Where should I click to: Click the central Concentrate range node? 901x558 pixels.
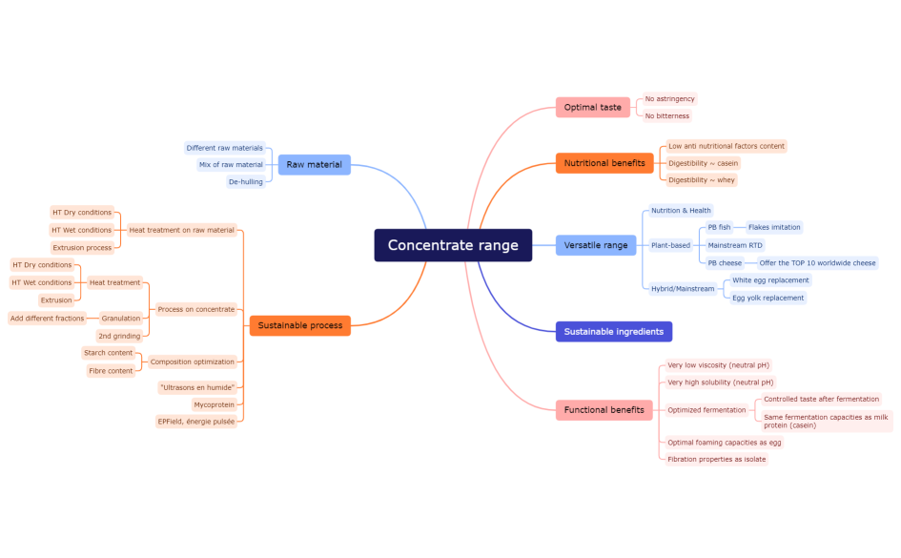tap(453, 245)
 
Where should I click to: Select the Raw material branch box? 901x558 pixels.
tap(314, 165)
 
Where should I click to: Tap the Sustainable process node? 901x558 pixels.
tap(299, 325)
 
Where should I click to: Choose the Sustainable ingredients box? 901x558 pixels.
tap(613, 332)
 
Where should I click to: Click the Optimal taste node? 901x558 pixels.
tap(592, 108)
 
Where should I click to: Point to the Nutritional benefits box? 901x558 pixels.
tap(604, 163)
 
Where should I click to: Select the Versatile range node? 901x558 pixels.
tap(596, 245)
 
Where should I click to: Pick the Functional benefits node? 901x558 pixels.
tap(604, 410)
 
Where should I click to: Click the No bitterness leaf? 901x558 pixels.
tap(666, 116)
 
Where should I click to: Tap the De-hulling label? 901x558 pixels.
tap(245, 181)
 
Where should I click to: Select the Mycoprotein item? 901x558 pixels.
tap(215, 404)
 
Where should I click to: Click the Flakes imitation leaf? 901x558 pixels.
tap(773, 227)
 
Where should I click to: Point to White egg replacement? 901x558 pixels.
tap(770, 280)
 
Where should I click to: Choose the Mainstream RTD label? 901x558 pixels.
tap(735, 245)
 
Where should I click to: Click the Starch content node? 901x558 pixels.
tap(108, 353)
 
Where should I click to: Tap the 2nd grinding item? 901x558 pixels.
tap(119, 336)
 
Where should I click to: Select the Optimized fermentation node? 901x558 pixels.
tap(706, 410)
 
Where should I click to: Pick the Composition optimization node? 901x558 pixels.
tap(192, 362)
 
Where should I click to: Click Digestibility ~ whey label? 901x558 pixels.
tap(701, 180)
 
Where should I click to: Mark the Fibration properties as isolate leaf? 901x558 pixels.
tap(716, 460)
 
